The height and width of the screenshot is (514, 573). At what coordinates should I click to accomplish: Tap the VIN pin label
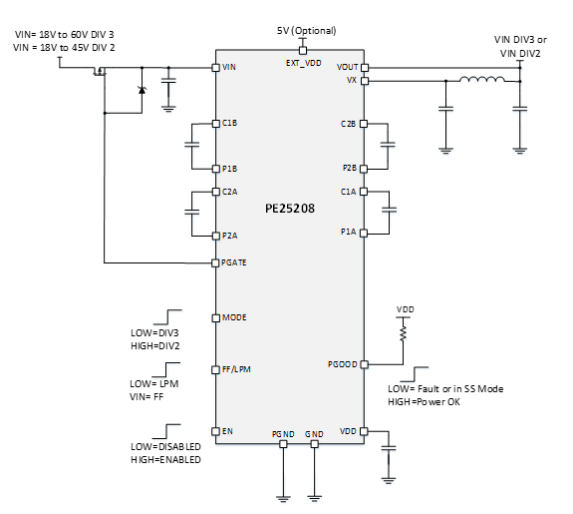[230, 67]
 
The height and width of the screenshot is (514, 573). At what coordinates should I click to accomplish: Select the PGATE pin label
[235, 262]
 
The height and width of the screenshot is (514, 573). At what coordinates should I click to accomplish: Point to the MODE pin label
[234, 317]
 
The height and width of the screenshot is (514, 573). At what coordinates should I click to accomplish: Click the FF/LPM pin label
[237, 370]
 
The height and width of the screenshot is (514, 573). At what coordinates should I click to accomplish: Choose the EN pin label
[227, 431]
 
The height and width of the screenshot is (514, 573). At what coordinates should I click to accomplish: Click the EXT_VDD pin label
[303, 61]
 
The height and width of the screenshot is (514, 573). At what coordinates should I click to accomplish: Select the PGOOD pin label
[342, 364]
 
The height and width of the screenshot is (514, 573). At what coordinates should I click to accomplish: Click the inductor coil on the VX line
[481, 82]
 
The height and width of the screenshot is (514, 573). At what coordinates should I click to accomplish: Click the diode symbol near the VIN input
[141, 91]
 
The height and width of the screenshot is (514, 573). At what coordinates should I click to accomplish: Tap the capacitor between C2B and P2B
[390, 145]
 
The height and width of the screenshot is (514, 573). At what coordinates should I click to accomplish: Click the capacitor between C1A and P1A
[390, 210]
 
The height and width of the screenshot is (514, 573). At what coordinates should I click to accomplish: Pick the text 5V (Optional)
[306, 31]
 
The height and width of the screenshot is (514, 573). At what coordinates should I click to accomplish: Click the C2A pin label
[230, 192]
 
